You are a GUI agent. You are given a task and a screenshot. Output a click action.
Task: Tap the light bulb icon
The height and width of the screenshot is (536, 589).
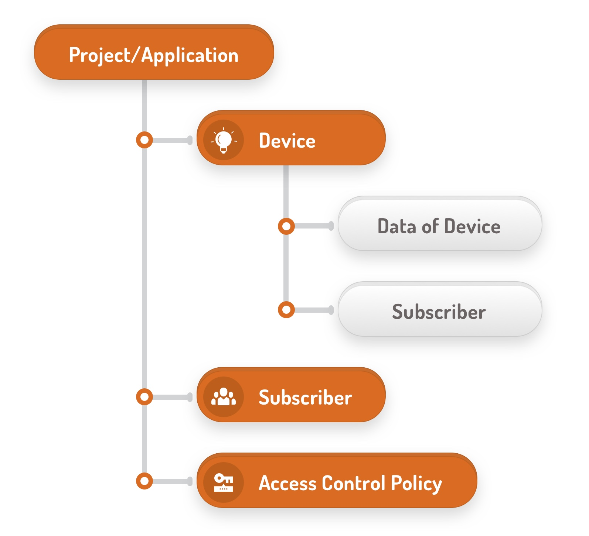[x=224, y=140]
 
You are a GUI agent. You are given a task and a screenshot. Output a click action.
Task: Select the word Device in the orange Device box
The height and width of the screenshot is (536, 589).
[x=287, y=141]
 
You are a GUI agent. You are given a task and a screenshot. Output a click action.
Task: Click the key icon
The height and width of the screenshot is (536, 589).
[x=224, y=482]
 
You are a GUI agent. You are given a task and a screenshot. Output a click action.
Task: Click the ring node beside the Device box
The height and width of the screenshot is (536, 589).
[x=144, y=140]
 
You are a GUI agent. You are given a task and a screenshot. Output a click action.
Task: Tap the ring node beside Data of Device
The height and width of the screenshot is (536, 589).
[x=286, y=226]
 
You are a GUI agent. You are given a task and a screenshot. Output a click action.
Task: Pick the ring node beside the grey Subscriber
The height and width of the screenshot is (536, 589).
[x=286, y=310]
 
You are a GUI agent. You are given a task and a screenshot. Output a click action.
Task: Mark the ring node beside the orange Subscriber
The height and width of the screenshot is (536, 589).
[x=144, y=397]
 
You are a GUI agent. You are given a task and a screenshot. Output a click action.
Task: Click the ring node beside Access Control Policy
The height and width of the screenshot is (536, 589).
[x=144, y=481]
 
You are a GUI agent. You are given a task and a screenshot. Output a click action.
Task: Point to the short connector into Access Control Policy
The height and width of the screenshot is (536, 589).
[x=172, y=481]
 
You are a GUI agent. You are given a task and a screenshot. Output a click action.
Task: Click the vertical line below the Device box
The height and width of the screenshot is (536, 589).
[x=286, y=192]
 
